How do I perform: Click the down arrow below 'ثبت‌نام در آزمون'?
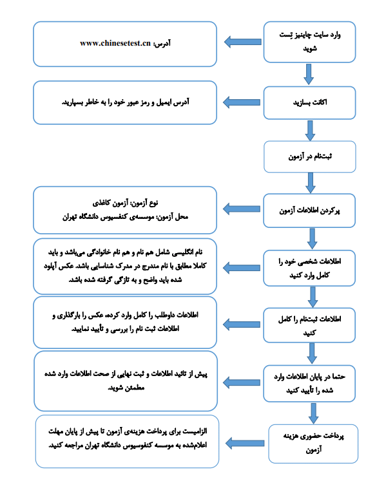click(x=309, y=183)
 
